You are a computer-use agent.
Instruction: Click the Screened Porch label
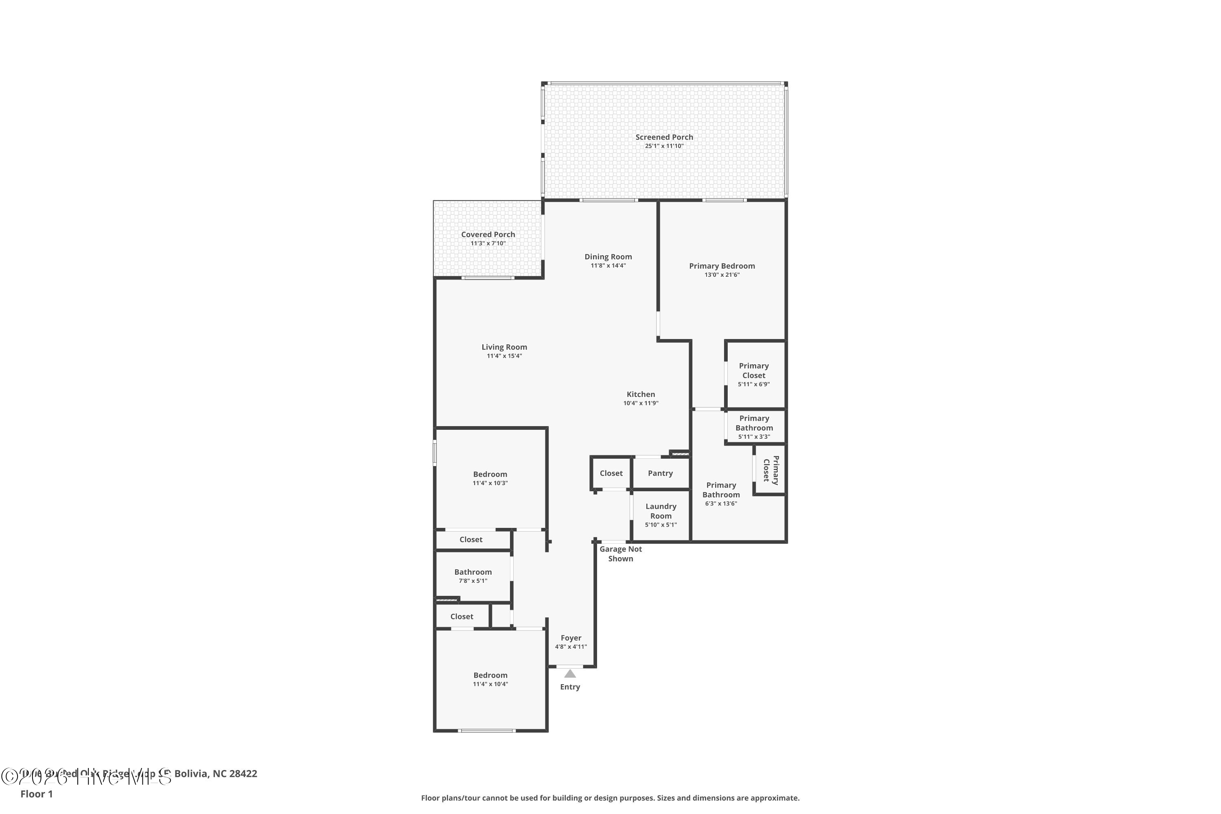point(664,137)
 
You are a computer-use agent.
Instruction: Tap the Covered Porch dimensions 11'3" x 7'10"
point(488,243)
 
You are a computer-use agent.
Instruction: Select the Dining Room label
point(608,256)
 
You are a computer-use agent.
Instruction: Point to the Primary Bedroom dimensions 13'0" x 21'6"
point(722,275)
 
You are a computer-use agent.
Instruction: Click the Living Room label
point(504,347)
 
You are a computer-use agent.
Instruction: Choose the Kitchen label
point(641,394)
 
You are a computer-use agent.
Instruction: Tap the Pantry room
point(660,473)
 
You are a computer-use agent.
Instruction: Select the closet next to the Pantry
point(611,473)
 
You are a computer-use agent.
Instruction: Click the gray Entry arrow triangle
point(570,674)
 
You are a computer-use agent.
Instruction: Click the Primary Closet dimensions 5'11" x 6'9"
point(753,384)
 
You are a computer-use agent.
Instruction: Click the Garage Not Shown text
point(620,554)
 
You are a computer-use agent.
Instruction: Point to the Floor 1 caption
point(36,794)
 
